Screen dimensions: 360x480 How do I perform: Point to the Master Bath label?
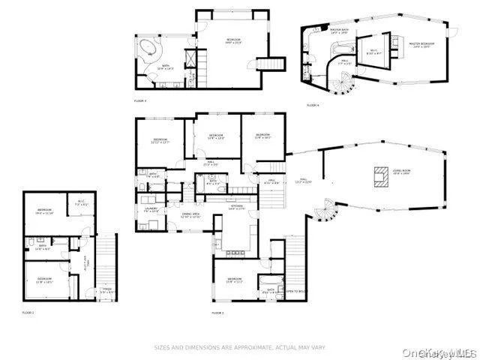coord(340,32)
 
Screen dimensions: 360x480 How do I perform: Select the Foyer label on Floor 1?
coord(107,291)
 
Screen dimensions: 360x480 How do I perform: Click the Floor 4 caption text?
coord(313,105)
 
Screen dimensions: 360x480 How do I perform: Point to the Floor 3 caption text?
coord(140,100)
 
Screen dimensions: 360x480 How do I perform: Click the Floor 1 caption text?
coord(28,312)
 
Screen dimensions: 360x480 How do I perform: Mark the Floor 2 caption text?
coord(218,312)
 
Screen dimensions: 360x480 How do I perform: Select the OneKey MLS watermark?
coord(443,352)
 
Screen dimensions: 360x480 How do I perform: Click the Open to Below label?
coord(295,291)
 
